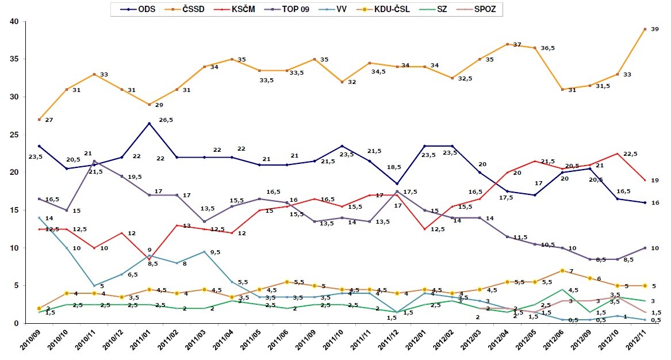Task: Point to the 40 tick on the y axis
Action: coord(13,21)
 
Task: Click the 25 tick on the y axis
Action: coord(13,135)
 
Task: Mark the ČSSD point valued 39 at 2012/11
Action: coord(646,29)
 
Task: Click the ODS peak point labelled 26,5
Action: coord(149,123)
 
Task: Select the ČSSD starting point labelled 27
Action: coord(39,120)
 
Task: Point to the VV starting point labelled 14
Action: coord(39,218)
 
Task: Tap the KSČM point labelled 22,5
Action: coord(618,154)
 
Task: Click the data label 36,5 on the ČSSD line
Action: coord(547,48)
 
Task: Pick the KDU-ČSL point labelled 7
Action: coord(563,270)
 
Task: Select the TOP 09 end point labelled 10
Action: coord(646,248)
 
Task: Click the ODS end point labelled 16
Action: coord(646,202)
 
